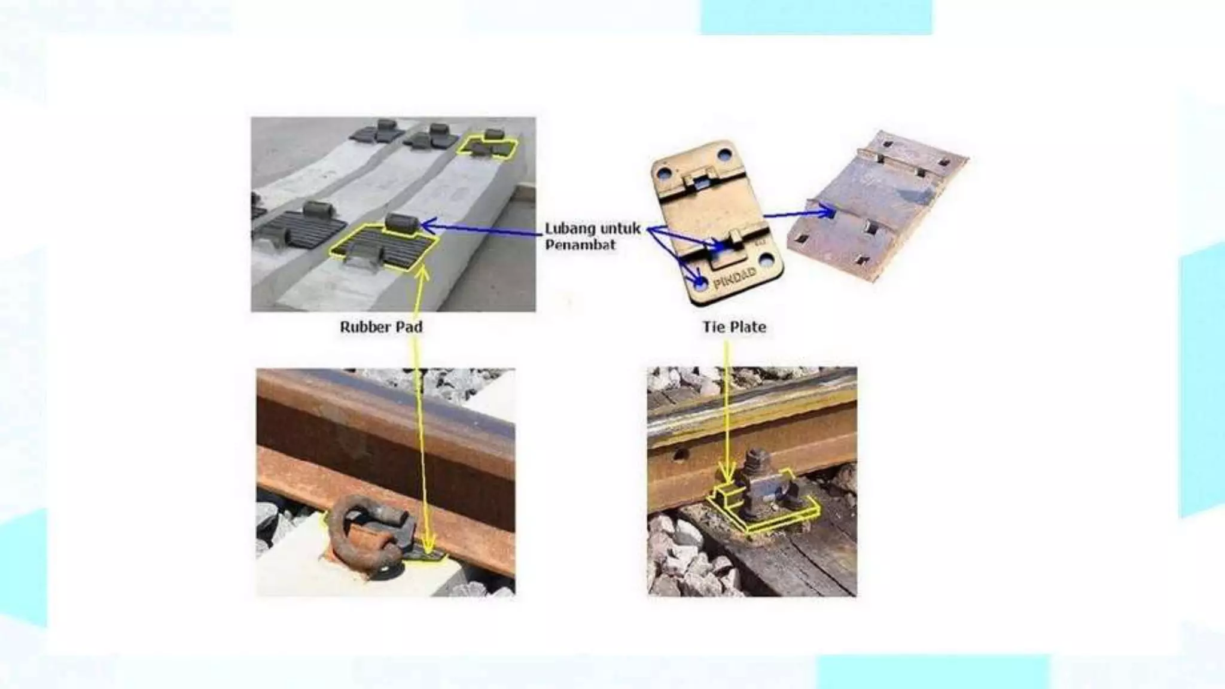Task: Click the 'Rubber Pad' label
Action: coord(381,327)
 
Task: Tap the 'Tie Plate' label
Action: coord(734,327)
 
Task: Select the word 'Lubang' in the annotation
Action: coord(570,229)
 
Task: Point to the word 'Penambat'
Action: coord(580,245)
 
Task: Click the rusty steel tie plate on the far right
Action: coord(877,205)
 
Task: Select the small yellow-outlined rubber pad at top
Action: coord(487,147)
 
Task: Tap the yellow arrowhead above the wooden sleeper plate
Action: coord(727,475)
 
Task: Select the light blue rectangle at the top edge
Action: coord(816,17)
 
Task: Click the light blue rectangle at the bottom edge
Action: coord(934,672)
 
